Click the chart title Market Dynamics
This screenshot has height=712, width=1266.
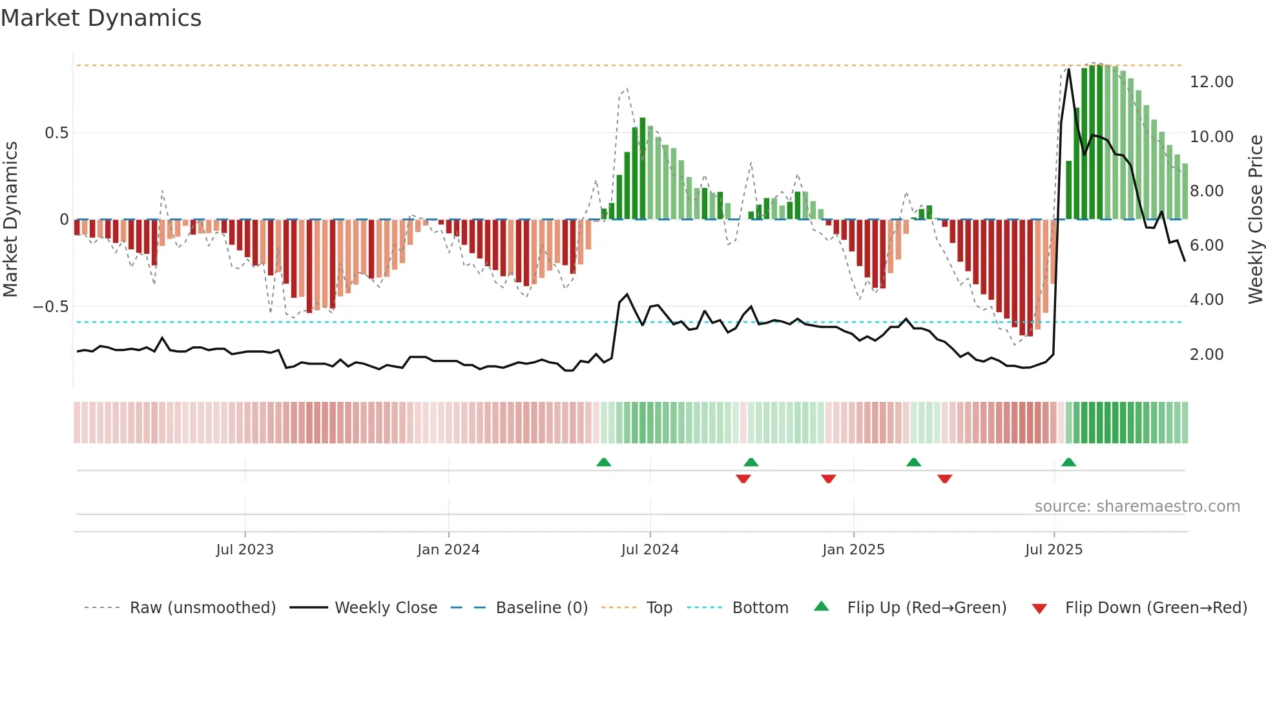click(x=101, y=18)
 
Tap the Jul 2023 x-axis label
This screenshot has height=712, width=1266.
click(x=245, y=550)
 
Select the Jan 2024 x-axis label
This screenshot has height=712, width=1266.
click(x=448, y=550)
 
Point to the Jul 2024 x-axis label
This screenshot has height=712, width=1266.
click(x=650, y=550)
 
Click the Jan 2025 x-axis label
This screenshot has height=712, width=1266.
click(x=853, y=550)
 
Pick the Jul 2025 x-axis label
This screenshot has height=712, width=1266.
click(x=1053, y=550)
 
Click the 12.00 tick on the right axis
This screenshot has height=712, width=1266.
click(x=1211, y=82)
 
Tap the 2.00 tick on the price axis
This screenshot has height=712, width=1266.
click(x=1206, y=355)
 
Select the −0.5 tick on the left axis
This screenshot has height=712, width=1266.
click(x=51, y=307)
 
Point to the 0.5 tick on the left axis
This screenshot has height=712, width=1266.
click(x=56, y=133)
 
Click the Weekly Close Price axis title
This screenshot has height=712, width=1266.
click(x=1255, y=219)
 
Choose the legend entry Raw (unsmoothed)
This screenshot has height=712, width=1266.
click(x=202, y=608)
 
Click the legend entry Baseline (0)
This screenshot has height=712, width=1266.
click(x=541, y=608)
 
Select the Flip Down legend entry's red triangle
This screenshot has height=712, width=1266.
click(x=1039, y=609)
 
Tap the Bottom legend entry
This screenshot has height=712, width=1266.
click(x=760, y=608)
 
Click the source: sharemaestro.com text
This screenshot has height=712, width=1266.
click(x=1137, y=507)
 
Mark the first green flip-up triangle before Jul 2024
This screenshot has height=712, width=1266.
click(x=603, y=463)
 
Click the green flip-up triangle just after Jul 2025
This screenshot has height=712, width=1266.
click(x=1068, y=463)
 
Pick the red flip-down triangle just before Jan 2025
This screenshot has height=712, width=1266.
click(x=829, y=479)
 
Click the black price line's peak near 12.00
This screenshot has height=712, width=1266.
click(x=1068, y=69)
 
